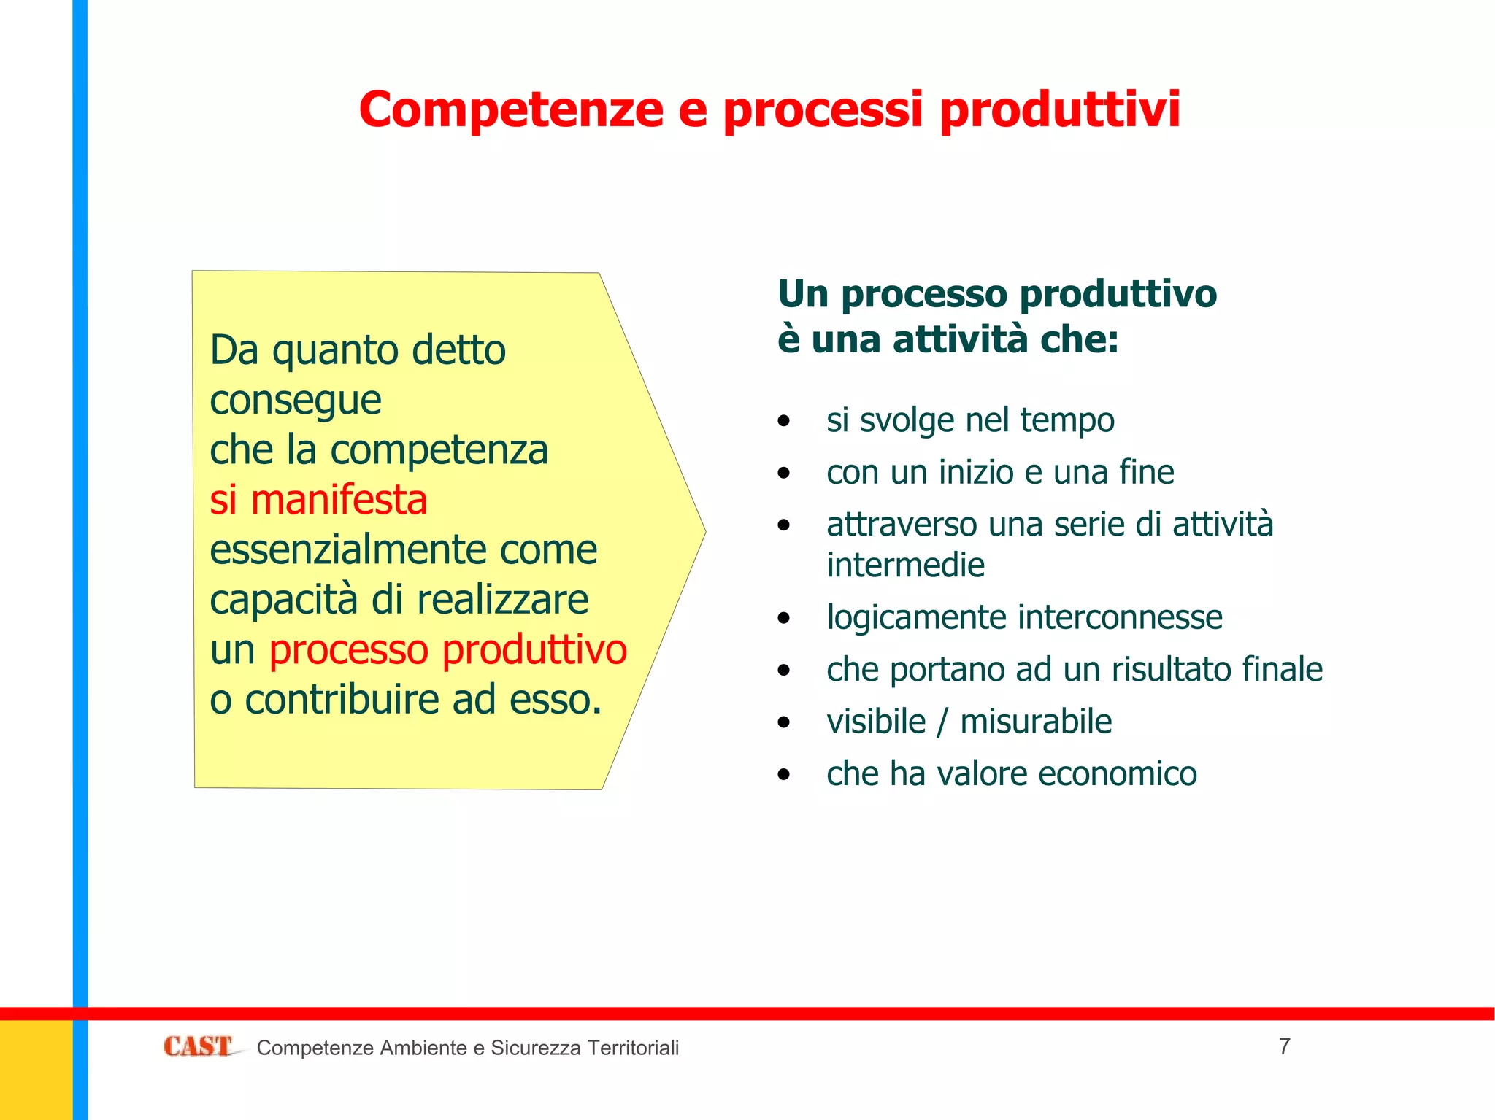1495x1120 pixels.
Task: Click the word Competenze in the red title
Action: click(511, 109)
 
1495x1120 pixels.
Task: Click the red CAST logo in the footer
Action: click(197, 1046)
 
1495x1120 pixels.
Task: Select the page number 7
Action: click(1285, 1046)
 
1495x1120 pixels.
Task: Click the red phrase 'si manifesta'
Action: click(318, 501)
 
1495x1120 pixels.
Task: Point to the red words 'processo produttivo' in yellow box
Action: click(447, 649)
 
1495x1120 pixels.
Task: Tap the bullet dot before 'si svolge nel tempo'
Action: click(784, 421)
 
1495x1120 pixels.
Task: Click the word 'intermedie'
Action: click(905, 565)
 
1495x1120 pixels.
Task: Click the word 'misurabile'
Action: click(1035, 722)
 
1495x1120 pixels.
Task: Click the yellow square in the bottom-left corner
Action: click(36, 1070)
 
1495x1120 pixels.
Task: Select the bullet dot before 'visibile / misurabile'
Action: click(784, 723)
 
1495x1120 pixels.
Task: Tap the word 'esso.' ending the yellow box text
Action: click(556, 700)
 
